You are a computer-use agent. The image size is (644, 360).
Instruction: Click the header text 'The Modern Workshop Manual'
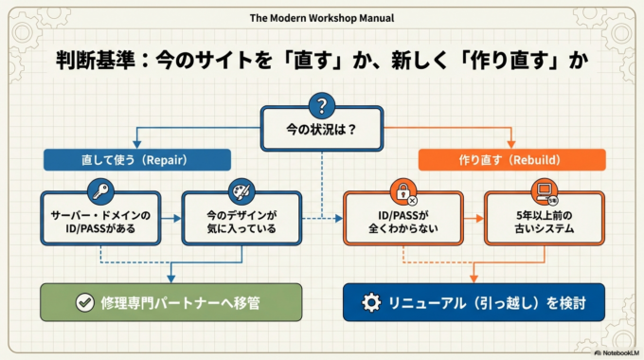(322, 17)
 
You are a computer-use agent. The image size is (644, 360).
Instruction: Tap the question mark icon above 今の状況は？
(322, 105)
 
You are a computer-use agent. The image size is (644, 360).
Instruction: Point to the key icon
(100, 192)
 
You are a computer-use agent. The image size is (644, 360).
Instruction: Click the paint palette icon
(241, 192)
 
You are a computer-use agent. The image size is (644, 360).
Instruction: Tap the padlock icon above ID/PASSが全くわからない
(403, 192)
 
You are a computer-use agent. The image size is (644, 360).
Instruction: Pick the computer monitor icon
(545, 193)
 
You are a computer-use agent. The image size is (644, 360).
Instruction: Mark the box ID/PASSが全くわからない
(403, 224)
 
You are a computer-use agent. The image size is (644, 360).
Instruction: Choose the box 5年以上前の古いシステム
(545, 224)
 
